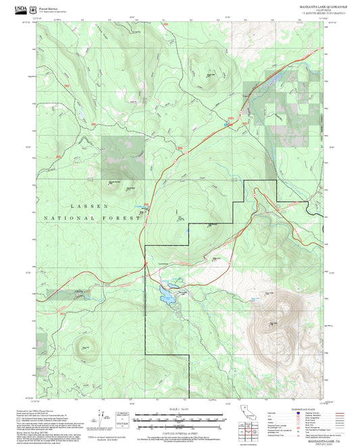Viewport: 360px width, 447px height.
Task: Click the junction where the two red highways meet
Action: (145, 262)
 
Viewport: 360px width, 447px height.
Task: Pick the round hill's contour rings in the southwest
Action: (85, 350)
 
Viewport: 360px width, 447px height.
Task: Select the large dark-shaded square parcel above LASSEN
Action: (123, 156)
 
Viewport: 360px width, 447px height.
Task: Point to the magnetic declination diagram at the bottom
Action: (103, 420)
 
